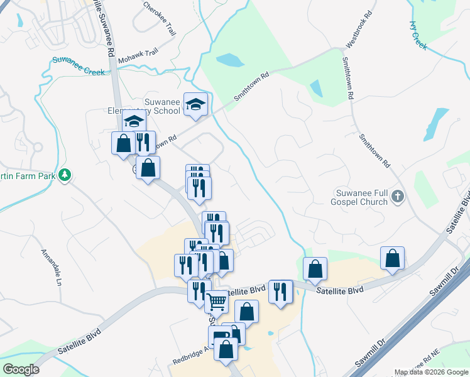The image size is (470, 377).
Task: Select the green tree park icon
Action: (64, 175)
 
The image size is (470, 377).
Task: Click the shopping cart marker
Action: (217, 302)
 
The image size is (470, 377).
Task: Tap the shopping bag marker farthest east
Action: (392, 258)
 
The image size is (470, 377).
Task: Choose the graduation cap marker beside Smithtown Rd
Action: (195, 104)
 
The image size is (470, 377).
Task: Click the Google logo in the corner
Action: (21, 369)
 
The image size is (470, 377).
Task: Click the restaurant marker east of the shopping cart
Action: (280, 292)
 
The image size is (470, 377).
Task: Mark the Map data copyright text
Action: (430, 372)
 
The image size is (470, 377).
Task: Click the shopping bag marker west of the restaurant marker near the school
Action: (124, 143)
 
